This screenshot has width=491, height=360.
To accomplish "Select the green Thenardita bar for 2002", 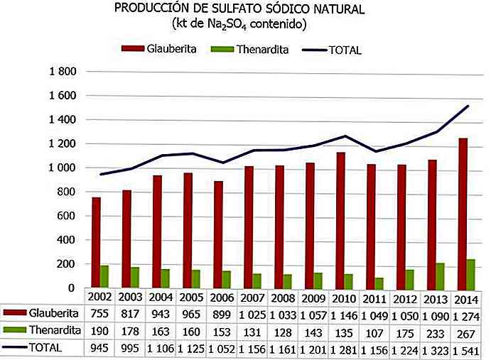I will coord(105,276).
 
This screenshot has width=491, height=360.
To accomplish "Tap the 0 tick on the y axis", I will coord(72,288).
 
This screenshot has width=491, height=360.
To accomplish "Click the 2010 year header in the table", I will coord(345,297).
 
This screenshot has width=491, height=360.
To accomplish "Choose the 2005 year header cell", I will coord(192,297).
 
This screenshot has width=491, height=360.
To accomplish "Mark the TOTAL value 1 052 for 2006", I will coord(222,348).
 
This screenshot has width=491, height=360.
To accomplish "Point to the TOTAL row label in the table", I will coord(46,348).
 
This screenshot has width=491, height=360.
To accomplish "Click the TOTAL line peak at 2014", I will coord(467,107).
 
